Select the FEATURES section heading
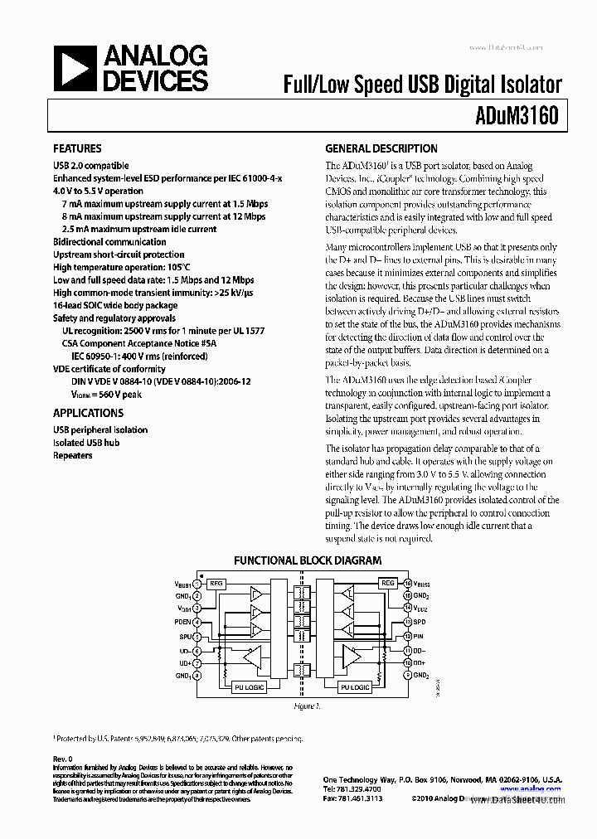click(77, 149)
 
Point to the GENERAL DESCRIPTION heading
click(381, 149)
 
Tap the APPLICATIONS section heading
click(88, 413)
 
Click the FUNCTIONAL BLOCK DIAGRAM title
click(308, 560)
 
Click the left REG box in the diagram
click(216, 584)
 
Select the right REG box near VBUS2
click(388, 584)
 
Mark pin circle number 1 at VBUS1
click(197, 584)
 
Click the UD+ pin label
click(185, 662)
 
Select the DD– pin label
click(420, 649)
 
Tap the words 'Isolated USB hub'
click(86, 443)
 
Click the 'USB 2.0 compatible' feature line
click(90, 166)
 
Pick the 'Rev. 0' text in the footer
click(63, 759)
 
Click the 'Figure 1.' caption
click(306, 706)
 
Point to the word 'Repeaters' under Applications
click(73, 456)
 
